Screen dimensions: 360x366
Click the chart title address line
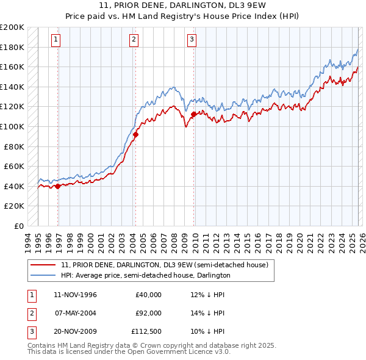coord(183,5)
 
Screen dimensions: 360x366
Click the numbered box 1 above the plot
coord(56,40)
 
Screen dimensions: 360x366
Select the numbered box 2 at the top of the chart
coord(133,40)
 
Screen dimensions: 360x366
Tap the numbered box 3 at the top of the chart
coord(192,40)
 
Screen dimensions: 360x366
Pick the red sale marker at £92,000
coord(135,135)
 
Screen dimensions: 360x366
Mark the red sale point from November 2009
coord(193,114)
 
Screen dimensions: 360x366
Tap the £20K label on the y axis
coord(15,206)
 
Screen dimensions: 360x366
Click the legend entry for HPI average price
coord(145,275)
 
